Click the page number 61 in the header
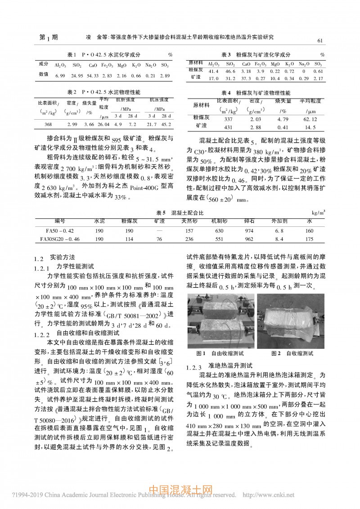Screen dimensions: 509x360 321,41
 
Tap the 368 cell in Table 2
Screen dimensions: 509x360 48,124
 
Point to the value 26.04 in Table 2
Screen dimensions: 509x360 103,124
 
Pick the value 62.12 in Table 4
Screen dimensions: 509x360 310,119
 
